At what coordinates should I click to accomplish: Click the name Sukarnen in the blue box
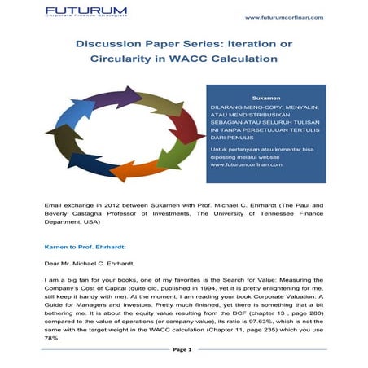pyautogui.click(x=266, y=98)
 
